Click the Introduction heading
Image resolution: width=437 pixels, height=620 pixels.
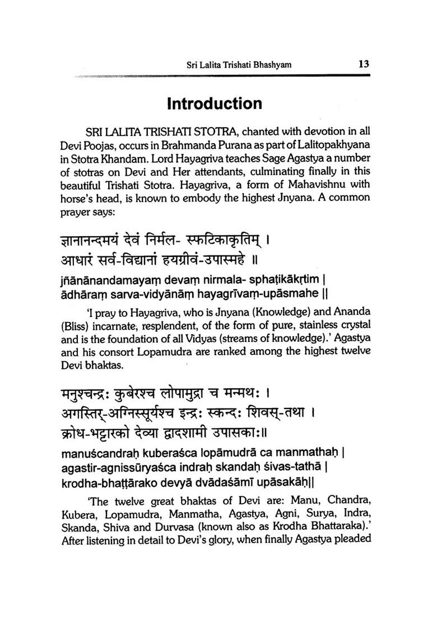coord(214,104)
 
